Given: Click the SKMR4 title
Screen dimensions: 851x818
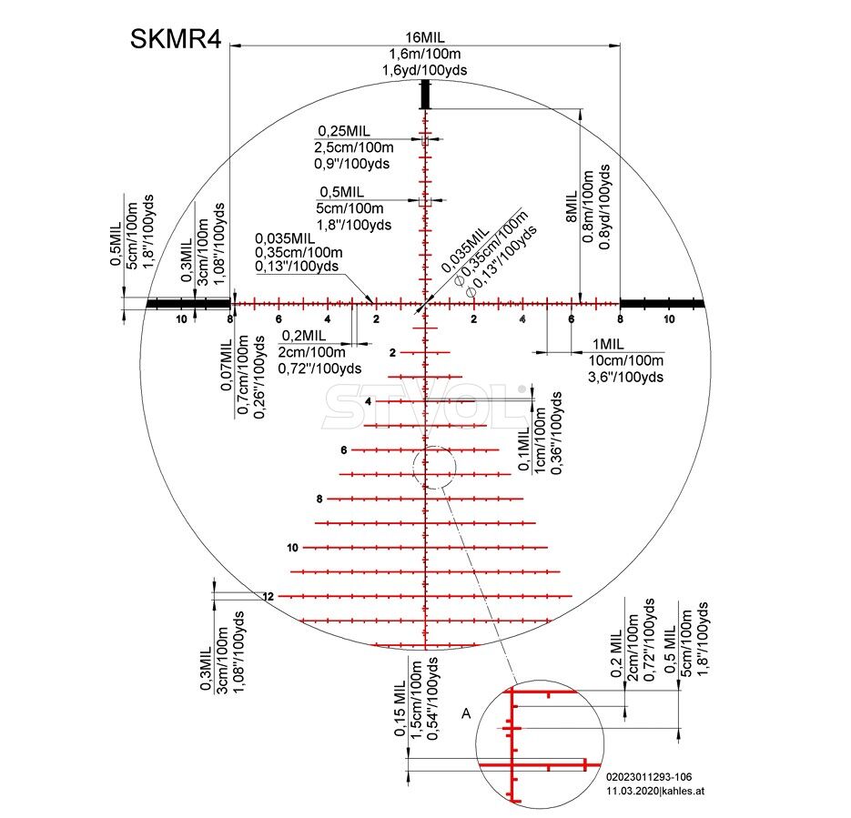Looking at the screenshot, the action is (176, 39).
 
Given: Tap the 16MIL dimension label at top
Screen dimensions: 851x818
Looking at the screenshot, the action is (425, 37).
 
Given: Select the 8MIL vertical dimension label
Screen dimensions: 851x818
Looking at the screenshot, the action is (571, 207).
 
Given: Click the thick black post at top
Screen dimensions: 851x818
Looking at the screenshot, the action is (426, 95).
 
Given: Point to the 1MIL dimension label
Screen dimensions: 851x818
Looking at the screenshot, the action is (608, 344).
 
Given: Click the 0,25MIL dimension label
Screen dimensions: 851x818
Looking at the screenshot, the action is (344, 131).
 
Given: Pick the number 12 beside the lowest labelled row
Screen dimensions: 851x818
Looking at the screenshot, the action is (268, 597).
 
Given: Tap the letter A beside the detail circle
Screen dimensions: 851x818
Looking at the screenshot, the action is (466, 713).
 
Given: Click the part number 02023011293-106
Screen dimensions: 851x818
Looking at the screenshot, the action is (649, 777).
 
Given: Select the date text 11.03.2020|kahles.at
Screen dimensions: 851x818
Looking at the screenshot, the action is (655, 791).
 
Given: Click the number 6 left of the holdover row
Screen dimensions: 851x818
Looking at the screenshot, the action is (343, 450).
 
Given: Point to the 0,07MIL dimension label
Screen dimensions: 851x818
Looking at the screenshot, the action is (226, 365).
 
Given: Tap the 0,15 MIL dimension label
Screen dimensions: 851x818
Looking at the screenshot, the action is (400, 708).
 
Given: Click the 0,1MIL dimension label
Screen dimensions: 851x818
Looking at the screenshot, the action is (523, 448).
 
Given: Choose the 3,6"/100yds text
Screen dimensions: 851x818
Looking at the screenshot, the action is (625, 377).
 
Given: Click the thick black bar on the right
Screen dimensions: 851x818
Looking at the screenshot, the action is (662, 303).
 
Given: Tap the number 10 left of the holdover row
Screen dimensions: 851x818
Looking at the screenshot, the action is (292, 548).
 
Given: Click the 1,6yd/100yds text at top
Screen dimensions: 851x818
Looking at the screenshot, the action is (424, 70).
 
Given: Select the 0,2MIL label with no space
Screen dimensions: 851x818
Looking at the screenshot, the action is (304, 335).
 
